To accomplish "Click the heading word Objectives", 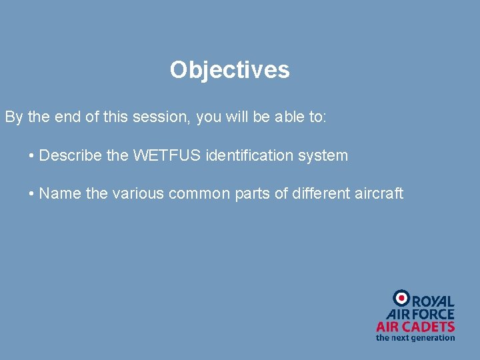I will (229, 70).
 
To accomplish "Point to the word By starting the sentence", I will (14, 117).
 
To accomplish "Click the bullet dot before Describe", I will (32, 156).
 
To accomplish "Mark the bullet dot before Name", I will (32, 194).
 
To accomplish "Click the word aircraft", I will (379, 193).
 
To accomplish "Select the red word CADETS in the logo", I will (431, 327).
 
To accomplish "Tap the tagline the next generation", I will (415, 338).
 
